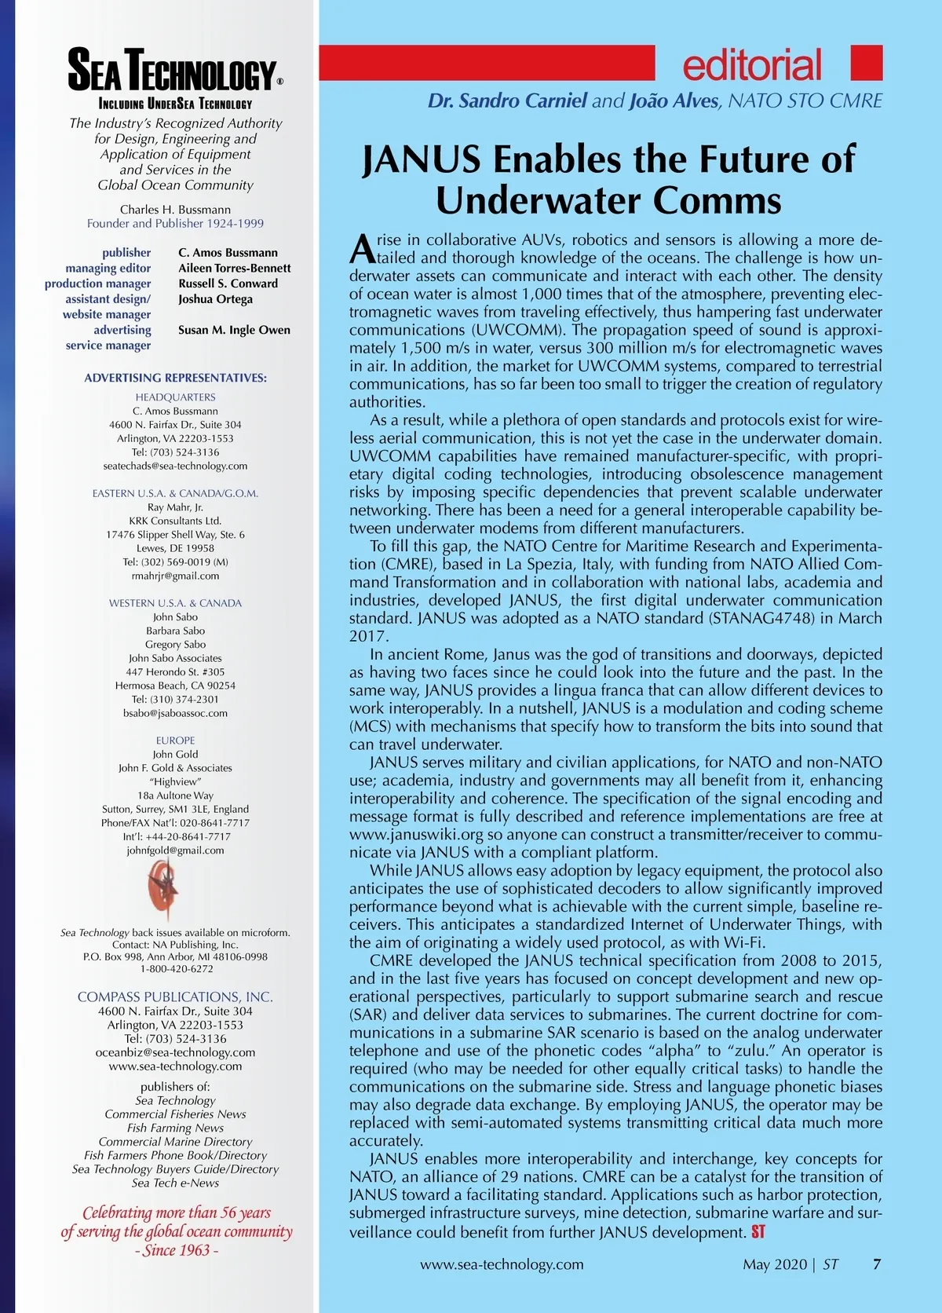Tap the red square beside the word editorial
[x=867, y=63]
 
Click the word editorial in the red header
[x=752, y=66]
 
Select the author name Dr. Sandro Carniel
[x=507, y=101]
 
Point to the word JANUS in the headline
[x=422, y=159]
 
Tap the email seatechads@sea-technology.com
[x=175, y=466]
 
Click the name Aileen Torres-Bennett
[x=234, y=268]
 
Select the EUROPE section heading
[x=175, y=740]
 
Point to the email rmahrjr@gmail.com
[x=175, y=576]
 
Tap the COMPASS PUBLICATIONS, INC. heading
[x=175, y=997]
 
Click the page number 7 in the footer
[x=877, y=1264]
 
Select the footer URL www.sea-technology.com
[x=502, y=1264]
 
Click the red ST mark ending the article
[x=758, y=1231]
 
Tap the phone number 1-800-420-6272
[x=175, y=968]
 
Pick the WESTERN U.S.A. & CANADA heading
[x=175, y=603]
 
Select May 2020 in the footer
[x=775, y=1264]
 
